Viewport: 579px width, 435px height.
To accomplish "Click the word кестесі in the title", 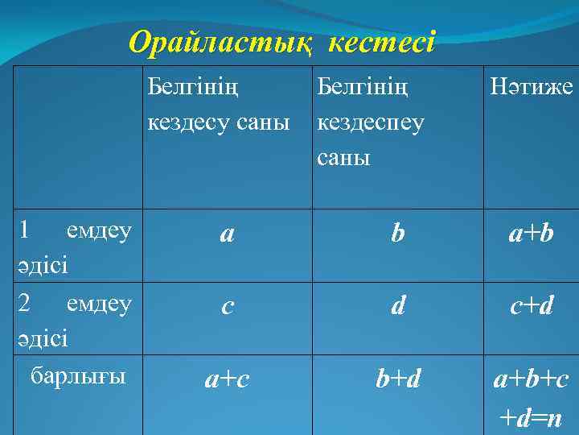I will pyautogui.click(x=380, y=43).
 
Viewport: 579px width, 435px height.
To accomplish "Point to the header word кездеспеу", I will pyautogui.click(x=371, y=122).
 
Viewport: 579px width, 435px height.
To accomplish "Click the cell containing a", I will pyautogui.click(x=227, y=234).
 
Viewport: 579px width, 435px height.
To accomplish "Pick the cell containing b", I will pyautogui.click(x=397, y=234).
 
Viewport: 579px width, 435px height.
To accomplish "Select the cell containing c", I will pyautogui.click(x=227, y=307).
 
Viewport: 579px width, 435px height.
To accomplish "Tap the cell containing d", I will pyautogui.click(x=397, y=307).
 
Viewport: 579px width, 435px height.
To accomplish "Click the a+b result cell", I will pyautogui.click(x=531, y=234).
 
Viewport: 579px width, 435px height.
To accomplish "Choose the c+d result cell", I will pyautogui.click(x=531, y=307).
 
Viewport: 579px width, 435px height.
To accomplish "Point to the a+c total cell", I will pyautogui.click(x=227, y=379).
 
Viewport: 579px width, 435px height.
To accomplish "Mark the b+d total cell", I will pyautogui.click(x=397, y=379).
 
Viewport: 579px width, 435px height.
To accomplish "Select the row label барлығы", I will pyautogui.click(x=78, y=375).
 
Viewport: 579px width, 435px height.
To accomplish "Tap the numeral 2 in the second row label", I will pyautogui.click(x=24, y=303).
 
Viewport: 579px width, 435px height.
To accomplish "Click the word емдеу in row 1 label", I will pyautogui.click(x=100, y=232).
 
